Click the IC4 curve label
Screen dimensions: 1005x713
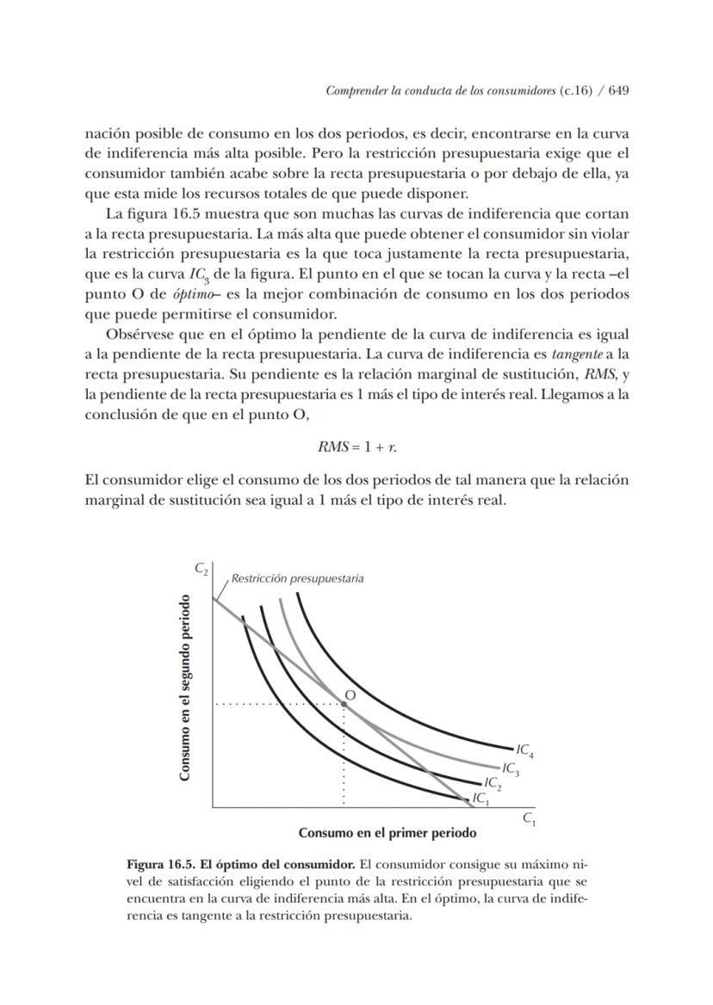(x=524, y=751)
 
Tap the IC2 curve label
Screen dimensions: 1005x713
(x=493, y=783)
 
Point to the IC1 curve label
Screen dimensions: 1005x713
(x=480, y=798)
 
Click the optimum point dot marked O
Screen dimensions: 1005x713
(x=344, y=703)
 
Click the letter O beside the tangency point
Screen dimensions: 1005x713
(x=350, y=694)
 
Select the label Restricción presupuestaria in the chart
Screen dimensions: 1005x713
(x=297, y=578)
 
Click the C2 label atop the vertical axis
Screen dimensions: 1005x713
(x=201, y=569)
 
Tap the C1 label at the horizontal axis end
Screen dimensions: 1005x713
(x=530, y=818)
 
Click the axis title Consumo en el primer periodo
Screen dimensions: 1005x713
(x=387, y=833)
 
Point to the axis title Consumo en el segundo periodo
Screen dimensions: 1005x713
(x=184, y=697)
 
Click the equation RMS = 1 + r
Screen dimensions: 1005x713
(x=357, y=447)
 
